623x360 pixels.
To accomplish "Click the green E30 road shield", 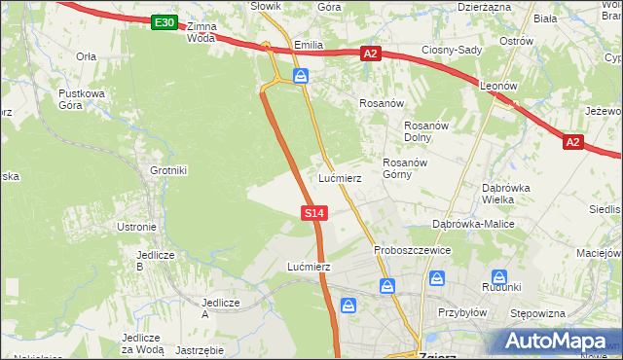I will [165, 22].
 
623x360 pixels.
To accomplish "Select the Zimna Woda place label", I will [202, 32].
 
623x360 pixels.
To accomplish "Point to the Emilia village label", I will [308, 46].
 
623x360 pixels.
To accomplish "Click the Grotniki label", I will [168, 170].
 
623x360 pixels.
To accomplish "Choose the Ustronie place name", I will [136, 227].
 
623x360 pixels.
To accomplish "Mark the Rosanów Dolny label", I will [424, 130].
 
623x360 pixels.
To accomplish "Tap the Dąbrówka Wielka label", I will [505, 194].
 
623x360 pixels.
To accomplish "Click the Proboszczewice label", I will [412, 250].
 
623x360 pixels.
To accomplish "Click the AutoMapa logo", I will [558, 341].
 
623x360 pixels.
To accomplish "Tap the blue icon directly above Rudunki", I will [499, 277].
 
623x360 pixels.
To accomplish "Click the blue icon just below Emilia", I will [303, 75].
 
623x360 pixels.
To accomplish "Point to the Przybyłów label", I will [462, 312].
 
